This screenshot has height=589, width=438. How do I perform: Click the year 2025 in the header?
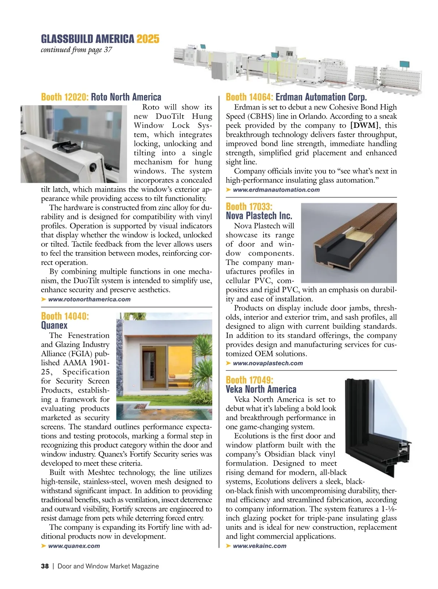click(x=148, y=39)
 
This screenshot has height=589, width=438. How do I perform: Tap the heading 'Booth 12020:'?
click(x=65, y=97)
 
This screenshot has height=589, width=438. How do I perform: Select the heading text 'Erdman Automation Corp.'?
click(x=321, y=97)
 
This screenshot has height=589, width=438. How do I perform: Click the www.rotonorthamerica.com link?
click(x=89, y=299)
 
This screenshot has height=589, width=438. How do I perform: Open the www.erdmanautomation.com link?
click(x=276, y=190)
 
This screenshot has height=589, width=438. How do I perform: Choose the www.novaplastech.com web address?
click(x=268, y=363)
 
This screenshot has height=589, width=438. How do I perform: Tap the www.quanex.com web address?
click(x=74, y=546)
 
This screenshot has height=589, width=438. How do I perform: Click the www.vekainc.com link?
click(x=260, y=546)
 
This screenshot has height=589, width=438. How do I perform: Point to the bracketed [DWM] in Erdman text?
click(x=364, y=126)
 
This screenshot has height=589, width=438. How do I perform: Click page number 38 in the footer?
click(x=45, y=566)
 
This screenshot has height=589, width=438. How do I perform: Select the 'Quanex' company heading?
click(x=54, y=325)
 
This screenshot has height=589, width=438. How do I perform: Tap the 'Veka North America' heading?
click(x=261, y=389)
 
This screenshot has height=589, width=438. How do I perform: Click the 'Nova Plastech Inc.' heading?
click(x=259, y=216)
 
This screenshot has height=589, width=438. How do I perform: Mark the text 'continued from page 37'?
click(x=76, y=50)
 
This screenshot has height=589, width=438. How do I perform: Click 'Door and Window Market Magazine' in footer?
click(x=108, y=566)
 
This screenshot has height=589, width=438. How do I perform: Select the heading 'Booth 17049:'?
click(x=249, y=380)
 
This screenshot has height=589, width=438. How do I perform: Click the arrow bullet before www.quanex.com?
click(x=44, y=546)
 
